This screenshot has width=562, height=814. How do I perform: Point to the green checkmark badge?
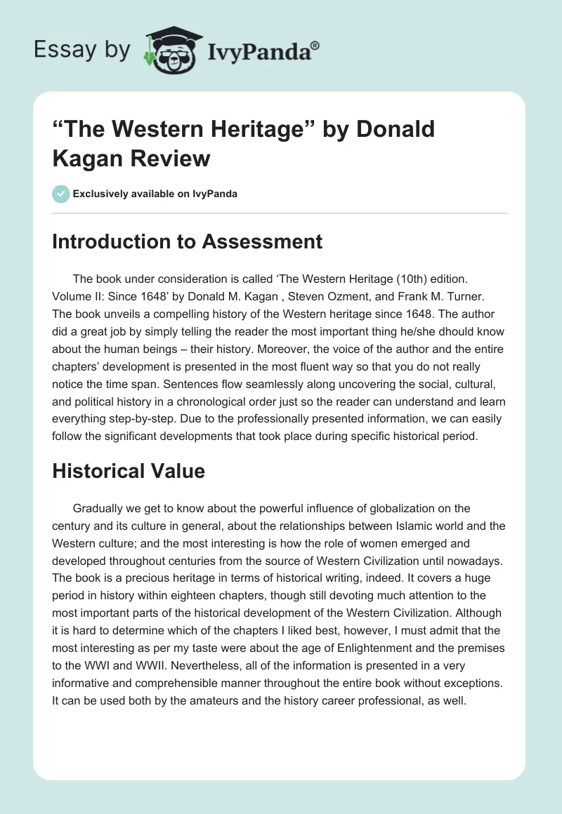coord(60,194)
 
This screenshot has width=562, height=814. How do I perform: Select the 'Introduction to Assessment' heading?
coord(187,241)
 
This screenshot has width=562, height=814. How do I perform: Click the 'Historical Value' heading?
coord(129,471)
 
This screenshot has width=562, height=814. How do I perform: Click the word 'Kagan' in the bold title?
coord(87,158)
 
